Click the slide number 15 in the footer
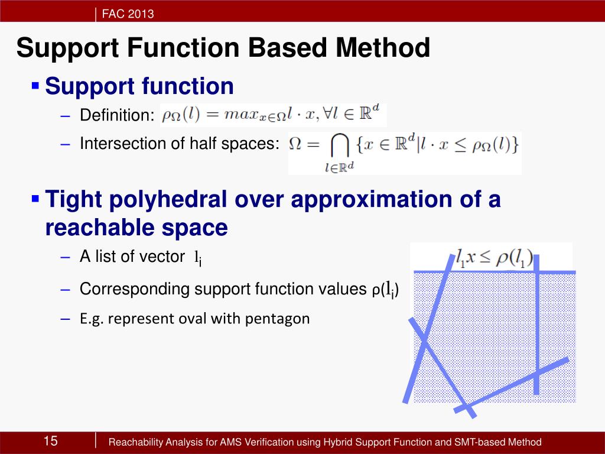(x=51, y=440)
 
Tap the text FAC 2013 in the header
(x=128, y=14)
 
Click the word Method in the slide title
(x=383, y=47)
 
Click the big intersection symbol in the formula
(x=340, y=145)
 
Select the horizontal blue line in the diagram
(x=495, y=273)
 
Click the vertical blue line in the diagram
(x=536, y=325)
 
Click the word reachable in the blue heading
(x=100, y=228)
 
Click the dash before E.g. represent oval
(x=66, y=319)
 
